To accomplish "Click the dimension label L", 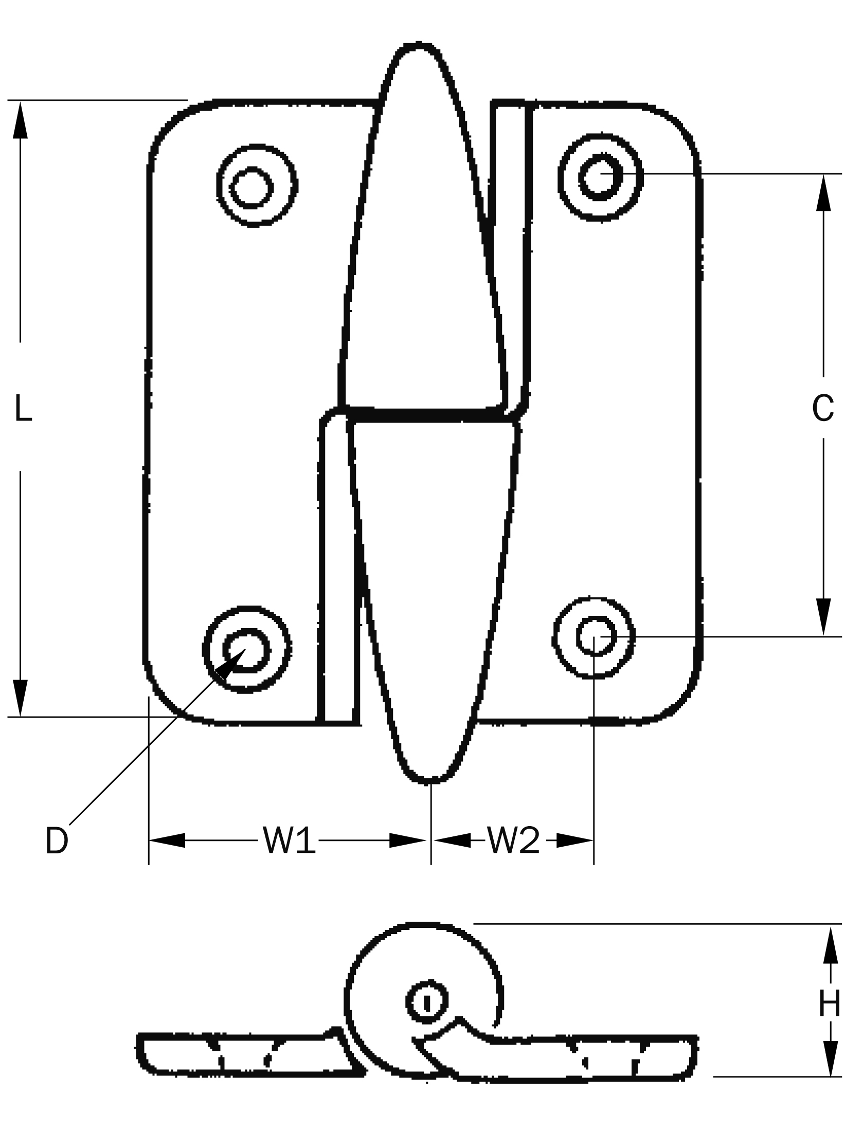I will pos(23,408).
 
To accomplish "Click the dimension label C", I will pos(823,409).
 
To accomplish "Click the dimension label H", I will pos(830,1003).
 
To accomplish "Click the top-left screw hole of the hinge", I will pos(251,187).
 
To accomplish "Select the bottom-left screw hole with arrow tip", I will pos(246,650).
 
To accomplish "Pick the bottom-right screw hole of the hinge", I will pos(595,636).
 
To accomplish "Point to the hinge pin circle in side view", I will pos(426,1001).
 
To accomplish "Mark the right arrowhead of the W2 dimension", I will pos(575,840).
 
